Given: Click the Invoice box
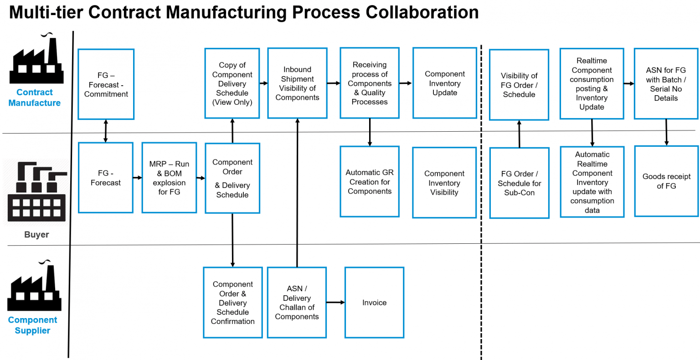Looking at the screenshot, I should point(374,303).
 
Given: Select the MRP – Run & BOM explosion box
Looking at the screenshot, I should point(169,178).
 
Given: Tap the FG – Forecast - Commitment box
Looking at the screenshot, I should point(106,84).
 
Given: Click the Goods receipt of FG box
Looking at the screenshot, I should point(666,181).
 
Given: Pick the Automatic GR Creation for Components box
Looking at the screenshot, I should point(369,181).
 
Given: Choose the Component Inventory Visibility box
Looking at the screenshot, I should point(444,182).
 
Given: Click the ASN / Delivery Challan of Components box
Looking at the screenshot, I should point(297,303).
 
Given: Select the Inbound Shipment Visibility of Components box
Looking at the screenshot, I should point(297,83).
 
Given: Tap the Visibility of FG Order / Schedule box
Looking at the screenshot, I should point(519,85).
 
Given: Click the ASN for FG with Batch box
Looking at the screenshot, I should point(665,84).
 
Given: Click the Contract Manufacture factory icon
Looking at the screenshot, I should point(36,59).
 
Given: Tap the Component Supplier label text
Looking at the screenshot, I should point(32,325).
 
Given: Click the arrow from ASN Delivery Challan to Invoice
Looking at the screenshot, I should point(335,302).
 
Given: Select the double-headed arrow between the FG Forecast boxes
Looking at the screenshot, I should point(106,131).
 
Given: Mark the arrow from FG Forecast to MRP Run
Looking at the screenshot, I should point(137,178).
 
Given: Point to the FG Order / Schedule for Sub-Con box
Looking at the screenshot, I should point(519,183).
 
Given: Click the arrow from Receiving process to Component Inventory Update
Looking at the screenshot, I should point(406,83).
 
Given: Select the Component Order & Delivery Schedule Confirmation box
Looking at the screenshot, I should point(232,303).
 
